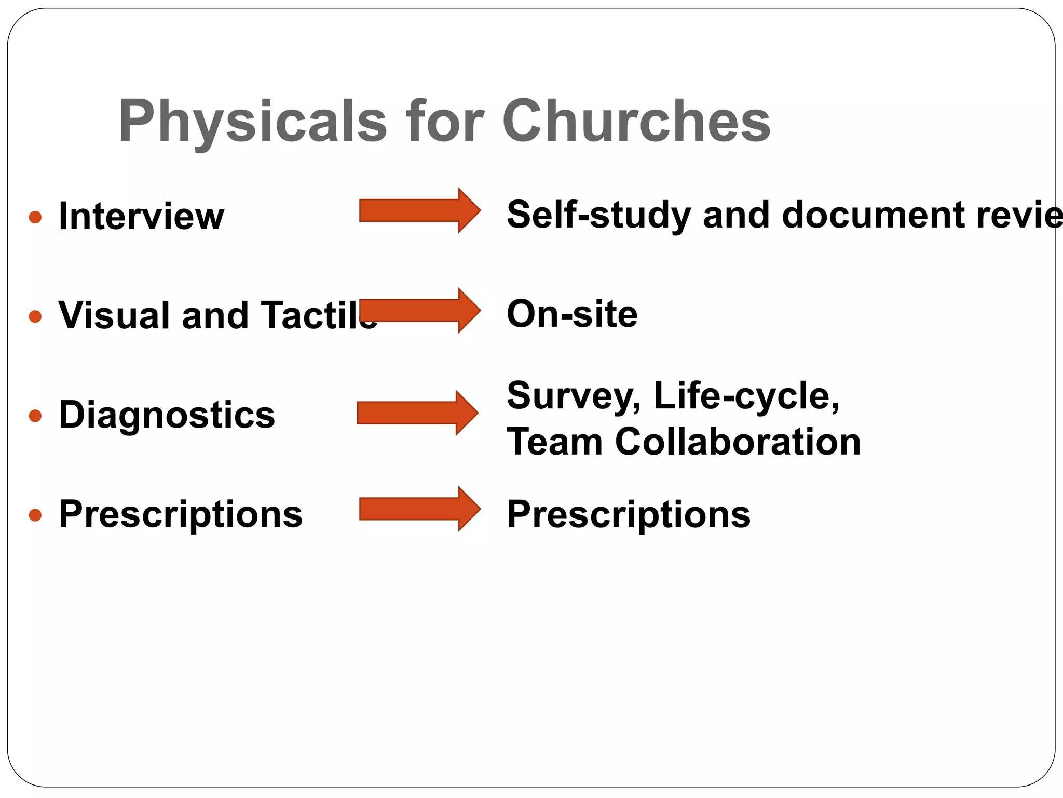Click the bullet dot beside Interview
[x=35, y=217]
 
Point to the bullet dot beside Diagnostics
[x=35, y=416]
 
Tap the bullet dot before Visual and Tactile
[x=35, y=316]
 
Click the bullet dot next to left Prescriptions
[x=35, y=515]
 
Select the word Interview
[x=141, y=216]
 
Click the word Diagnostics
[x=167, y=415]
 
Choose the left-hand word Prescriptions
[x=181, y=514]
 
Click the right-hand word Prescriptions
[x=629, y=515]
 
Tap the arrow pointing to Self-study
[x=419, y=210]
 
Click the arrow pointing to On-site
[x=419, y=310]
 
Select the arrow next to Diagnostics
[x=417, y=413]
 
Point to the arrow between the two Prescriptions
[x=419, y=509]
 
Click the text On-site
[x=572, y=314]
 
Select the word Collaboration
[x=738, y=442]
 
